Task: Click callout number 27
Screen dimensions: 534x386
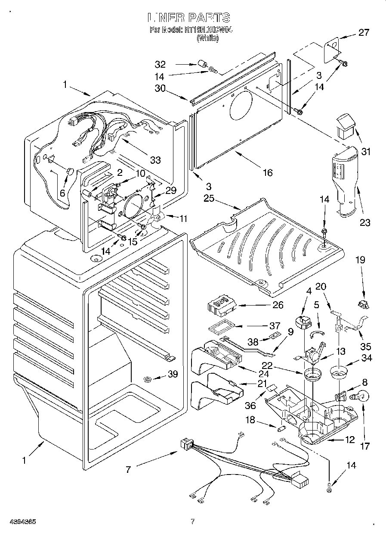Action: point(364,33)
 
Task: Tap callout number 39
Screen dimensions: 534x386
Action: point(172,374)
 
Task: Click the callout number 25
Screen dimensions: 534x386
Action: point(209,198)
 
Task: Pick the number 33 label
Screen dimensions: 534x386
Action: point(155,160)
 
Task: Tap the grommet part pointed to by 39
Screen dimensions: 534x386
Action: point(148,379)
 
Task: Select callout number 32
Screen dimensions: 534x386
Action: point(160,65)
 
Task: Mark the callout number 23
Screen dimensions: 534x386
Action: point(365,222)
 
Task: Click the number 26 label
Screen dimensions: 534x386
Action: point(278,305)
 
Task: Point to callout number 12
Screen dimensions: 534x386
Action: point(349,440)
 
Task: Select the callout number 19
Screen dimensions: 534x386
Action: point(360,259)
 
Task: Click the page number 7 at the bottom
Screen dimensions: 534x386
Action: point(193,522)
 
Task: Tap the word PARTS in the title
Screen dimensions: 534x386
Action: point(208,18)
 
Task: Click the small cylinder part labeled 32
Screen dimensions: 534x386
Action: point(201,65)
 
